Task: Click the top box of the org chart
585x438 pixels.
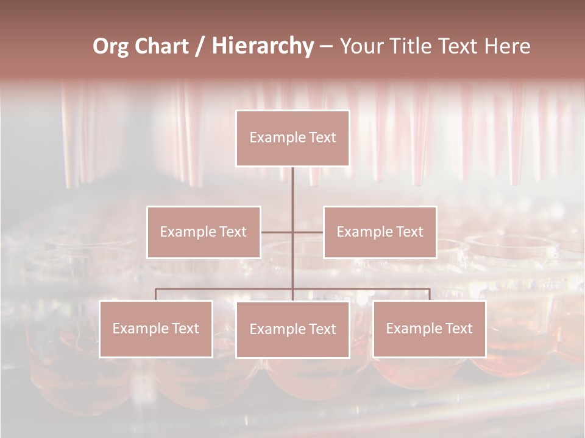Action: (292, 138)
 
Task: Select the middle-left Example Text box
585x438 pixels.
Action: (204, 232)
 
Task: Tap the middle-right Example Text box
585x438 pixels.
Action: (380, 232)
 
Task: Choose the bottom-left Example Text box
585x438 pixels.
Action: (156, 328)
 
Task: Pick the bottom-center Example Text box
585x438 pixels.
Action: (292, 329)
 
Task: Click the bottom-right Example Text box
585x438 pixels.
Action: (429, 328)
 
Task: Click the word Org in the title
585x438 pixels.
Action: (110, 46)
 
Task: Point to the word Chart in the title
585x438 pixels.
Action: (160, 46)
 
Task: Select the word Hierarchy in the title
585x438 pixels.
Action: (263, 46)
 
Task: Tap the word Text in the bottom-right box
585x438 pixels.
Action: (458, 328)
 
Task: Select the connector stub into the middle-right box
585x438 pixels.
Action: (308, 232)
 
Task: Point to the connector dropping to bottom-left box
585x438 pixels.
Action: (155, 294)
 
